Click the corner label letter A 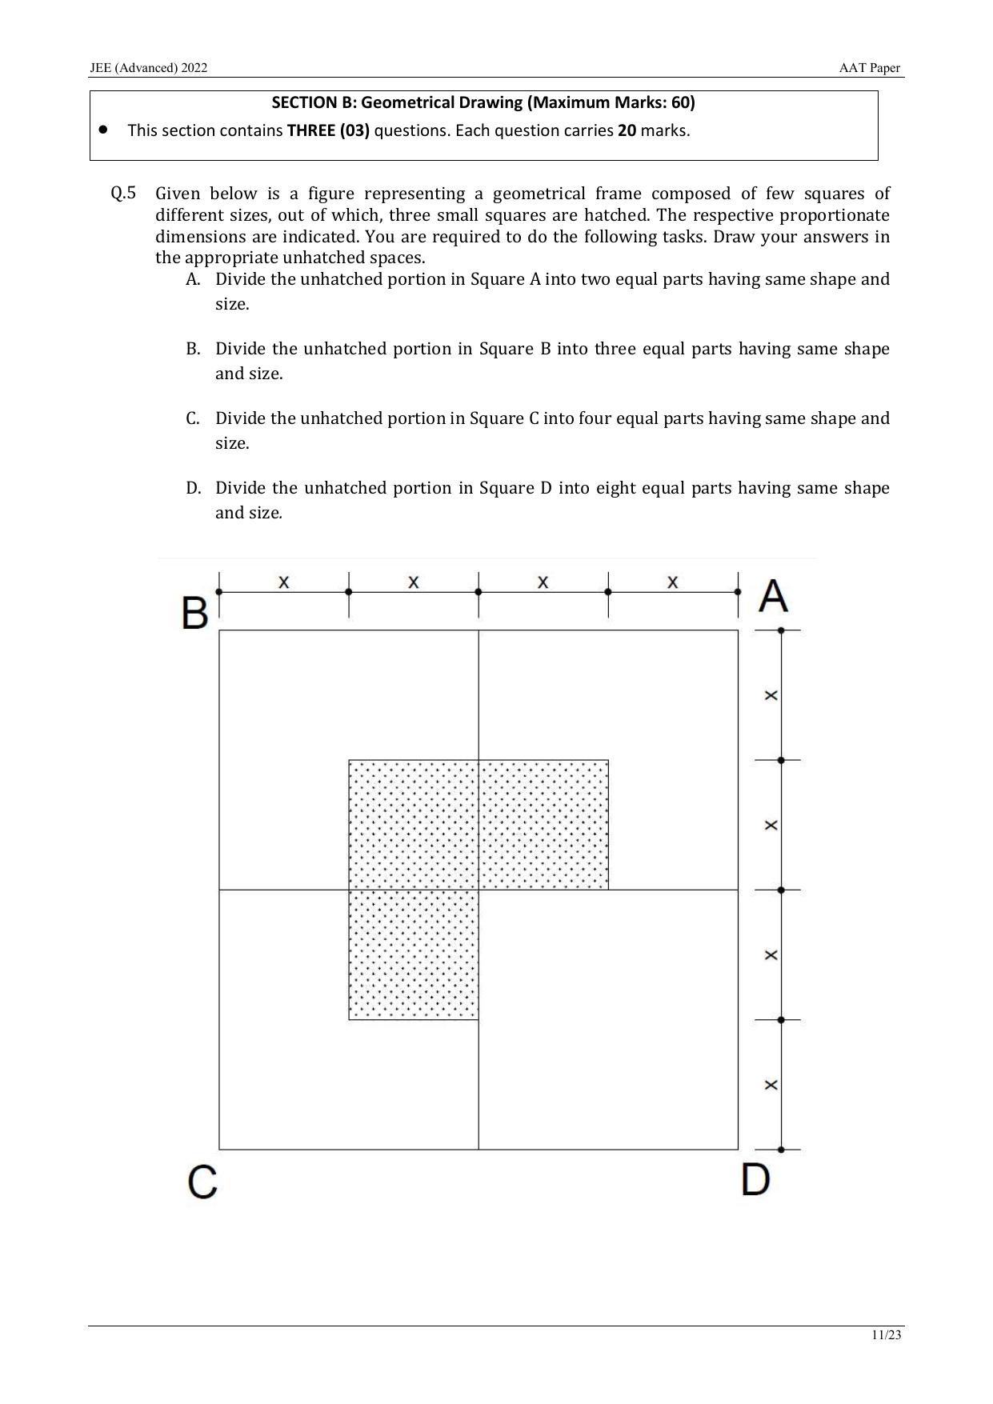click(773, 596)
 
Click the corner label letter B click(194, 614)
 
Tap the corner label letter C click(202, 1182)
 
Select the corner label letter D click(755, 1179)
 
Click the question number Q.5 click(123, 193)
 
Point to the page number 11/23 click(887, 1334)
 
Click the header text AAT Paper click(869, 68)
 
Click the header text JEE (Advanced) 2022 click(149, 68)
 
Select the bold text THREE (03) click(328, 130)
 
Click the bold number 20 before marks click(627, 130)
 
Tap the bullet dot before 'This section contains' click(103, 129)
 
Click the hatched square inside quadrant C click(414, 954)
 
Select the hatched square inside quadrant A click(543, 825)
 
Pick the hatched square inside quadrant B click(414, 825)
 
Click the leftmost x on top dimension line click(283, 582)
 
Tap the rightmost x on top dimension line click(672, 582)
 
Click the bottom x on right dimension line click(771, 1085)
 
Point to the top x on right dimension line click(771, 695)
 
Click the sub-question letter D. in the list click(193, 488)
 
